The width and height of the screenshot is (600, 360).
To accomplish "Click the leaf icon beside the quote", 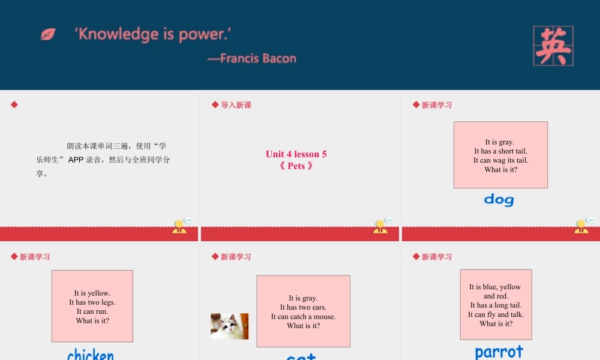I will click(x=48, y=34).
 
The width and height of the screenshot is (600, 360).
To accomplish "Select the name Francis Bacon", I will click(x=259, y=58).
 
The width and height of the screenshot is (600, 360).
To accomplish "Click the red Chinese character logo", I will click(x=553, y=46).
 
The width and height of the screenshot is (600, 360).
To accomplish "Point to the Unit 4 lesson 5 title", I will click(x=296, y=154).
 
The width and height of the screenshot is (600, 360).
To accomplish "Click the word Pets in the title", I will click(x=296, y=166).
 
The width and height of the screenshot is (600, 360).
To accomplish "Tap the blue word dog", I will click(x=499, y=199).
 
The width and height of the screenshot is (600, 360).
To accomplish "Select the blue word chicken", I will click(x=91, y=354).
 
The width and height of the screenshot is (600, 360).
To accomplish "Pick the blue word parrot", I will click(x=499, y=352).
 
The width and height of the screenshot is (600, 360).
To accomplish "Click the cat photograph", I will click(x=229, y=326).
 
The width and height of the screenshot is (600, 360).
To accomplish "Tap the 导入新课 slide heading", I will click(x=236, y=105).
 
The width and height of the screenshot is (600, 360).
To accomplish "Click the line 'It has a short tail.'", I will click(x=500, y=151).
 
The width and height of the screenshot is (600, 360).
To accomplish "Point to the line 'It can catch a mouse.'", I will click(x=303, y=317).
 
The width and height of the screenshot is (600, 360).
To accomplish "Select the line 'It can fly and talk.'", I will click(x=496, y=314).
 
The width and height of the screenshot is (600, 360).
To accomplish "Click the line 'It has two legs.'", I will click(x=92, y=302).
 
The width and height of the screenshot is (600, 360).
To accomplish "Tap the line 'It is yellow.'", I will click(x=92, y=293).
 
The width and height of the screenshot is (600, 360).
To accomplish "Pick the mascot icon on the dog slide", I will click(x=582, y=226).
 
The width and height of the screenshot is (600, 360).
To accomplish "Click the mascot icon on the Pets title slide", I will click(x=381, y=226).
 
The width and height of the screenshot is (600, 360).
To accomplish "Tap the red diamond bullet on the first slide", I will click(x=14, y=105).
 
